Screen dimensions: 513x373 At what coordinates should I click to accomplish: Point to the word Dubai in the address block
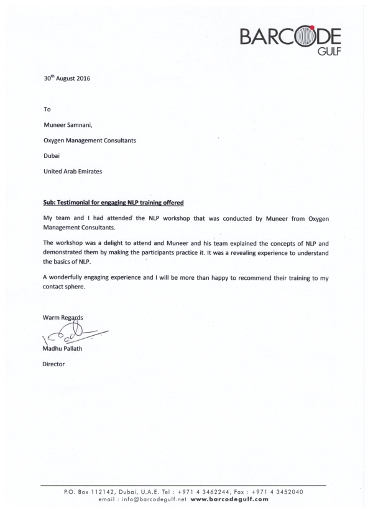51,156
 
